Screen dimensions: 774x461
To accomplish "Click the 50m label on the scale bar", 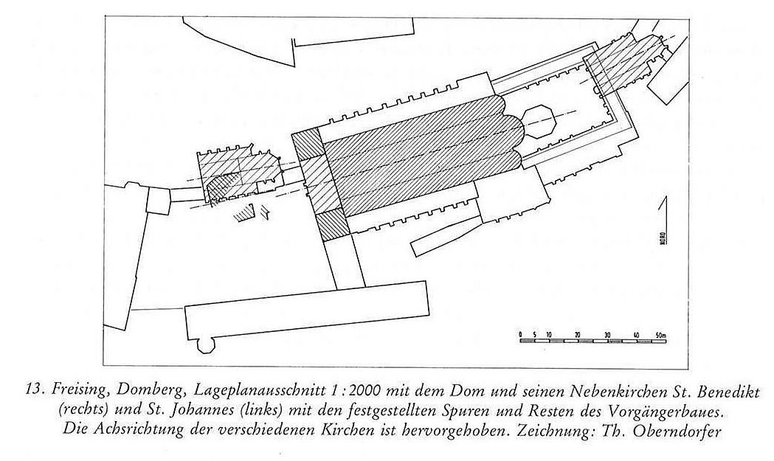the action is click(660, 335).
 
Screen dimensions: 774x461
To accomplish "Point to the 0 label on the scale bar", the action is click(521, 335).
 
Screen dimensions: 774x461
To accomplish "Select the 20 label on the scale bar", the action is click(578, 335).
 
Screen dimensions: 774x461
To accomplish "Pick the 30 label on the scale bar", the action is click(607, 335).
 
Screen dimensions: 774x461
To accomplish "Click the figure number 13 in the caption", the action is click(33, 392).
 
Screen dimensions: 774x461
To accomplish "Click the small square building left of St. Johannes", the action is click(158, 201).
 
